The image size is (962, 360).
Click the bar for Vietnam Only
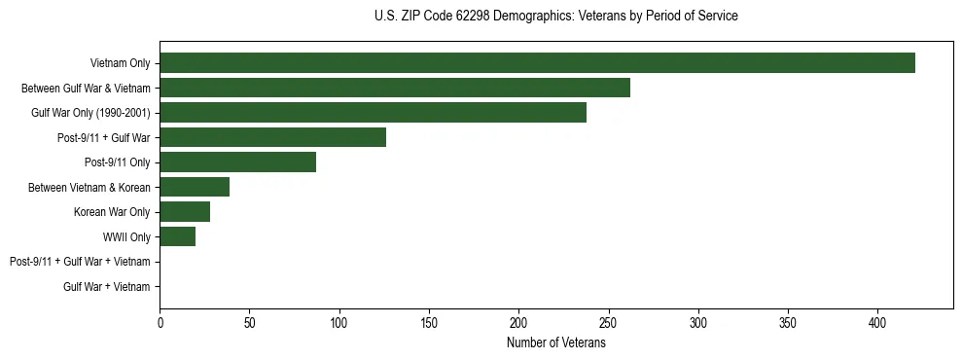click(537, 63)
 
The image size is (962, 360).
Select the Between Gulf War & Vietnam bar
click(395, 88)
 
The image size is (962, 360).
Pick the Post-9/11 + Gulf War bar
click(272, 137)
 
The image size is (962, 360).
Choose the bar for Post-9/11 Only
click(237, 162)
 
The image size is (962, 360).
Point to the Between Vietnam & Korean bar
click(195, 187)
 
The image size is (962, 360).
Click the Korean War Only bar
click(185, 212)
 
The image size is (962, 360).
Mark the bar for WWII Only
click(177, 236)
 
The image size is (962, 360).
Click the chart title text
click(555, 17)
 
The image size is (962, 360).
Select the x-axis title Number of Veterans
click(555, 343)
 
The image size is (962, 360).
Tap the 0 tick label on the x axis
click(160, 322)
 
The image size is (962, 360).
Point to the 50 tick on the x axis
click(249, 322)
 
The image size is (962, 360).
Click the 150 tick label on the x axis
click(429, 322)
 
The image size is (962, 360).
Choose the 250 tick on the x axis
click(608, 322)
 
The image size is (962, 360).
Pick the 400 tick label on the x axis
click(877, 322)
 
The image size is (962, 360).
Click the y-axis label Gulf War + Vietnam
click(107, 287)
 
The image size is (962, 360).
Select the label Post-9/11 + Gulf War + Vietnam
click(80, 262)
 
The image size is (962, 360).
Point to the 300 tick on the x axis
click(698, 322)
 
